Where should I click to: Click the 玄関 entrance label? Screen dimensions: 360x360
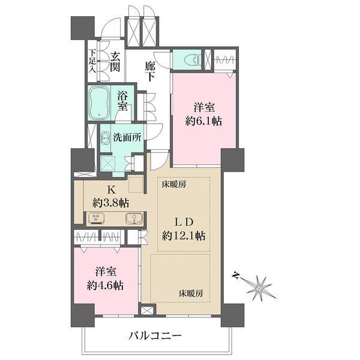tap(116, 61)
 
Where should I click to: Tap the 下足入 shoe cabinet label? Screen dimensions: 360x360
tap(92, 61)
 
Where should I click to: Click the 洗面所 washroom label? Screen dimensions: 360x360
tap(127, 136)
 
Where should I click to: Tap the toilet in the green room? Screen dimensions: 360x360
tap(188, 58)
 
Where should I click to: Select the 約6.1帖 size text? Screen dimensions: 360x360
tap(203, 121)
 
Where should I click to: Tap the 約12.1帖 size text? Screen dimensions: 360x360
tap(184, 235)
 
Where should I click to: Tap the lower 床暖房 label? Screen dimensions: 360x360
tap(191, 294)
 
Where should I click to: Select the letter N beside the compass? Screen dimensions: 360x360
tap(237, 277)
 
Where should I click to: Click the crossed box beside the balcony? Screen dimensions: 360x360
tap(146, 311)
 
